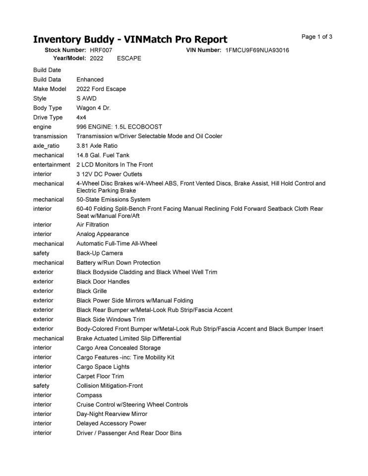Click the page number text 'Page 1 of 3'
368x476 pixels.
(x=317, y=37)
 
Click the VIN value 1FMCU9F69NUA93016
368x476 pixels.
(x=257, y=51)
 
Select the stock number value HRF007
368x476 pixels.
(x=101, y=51)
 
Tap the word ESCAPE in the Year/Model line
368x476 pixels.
(x=129, y=59)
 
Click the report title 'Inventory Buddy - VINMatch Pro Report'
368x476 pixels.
(x=130, y=40)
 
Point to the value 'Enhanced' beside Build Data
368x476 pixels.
(x=90, y=79)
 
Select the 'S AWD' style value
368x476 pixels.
(x=86, y=99)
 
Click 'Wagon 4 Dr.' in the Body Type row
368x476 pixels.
(x=94, y=108)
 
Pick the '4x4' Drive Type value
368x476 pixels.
(x=81, y=118)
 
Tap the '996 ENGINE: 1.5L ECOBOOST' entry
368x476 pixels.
(x=119, y=127)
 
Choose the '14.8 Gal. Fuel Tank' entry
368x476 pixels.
(x=103, y=155)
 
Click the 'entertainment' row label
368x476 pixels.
(x=52, y=165)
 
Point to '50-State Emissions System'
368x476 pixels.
(x=113, y=199)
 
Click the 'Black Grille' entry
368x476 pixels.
(x=92, y=291)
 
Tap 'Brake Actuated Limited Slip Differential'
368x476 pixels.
(x=129, y=339)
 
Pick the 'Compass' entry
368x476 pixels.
(x=89, y=396)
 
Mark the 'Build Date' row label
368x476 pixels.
(x=47, y=70)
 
